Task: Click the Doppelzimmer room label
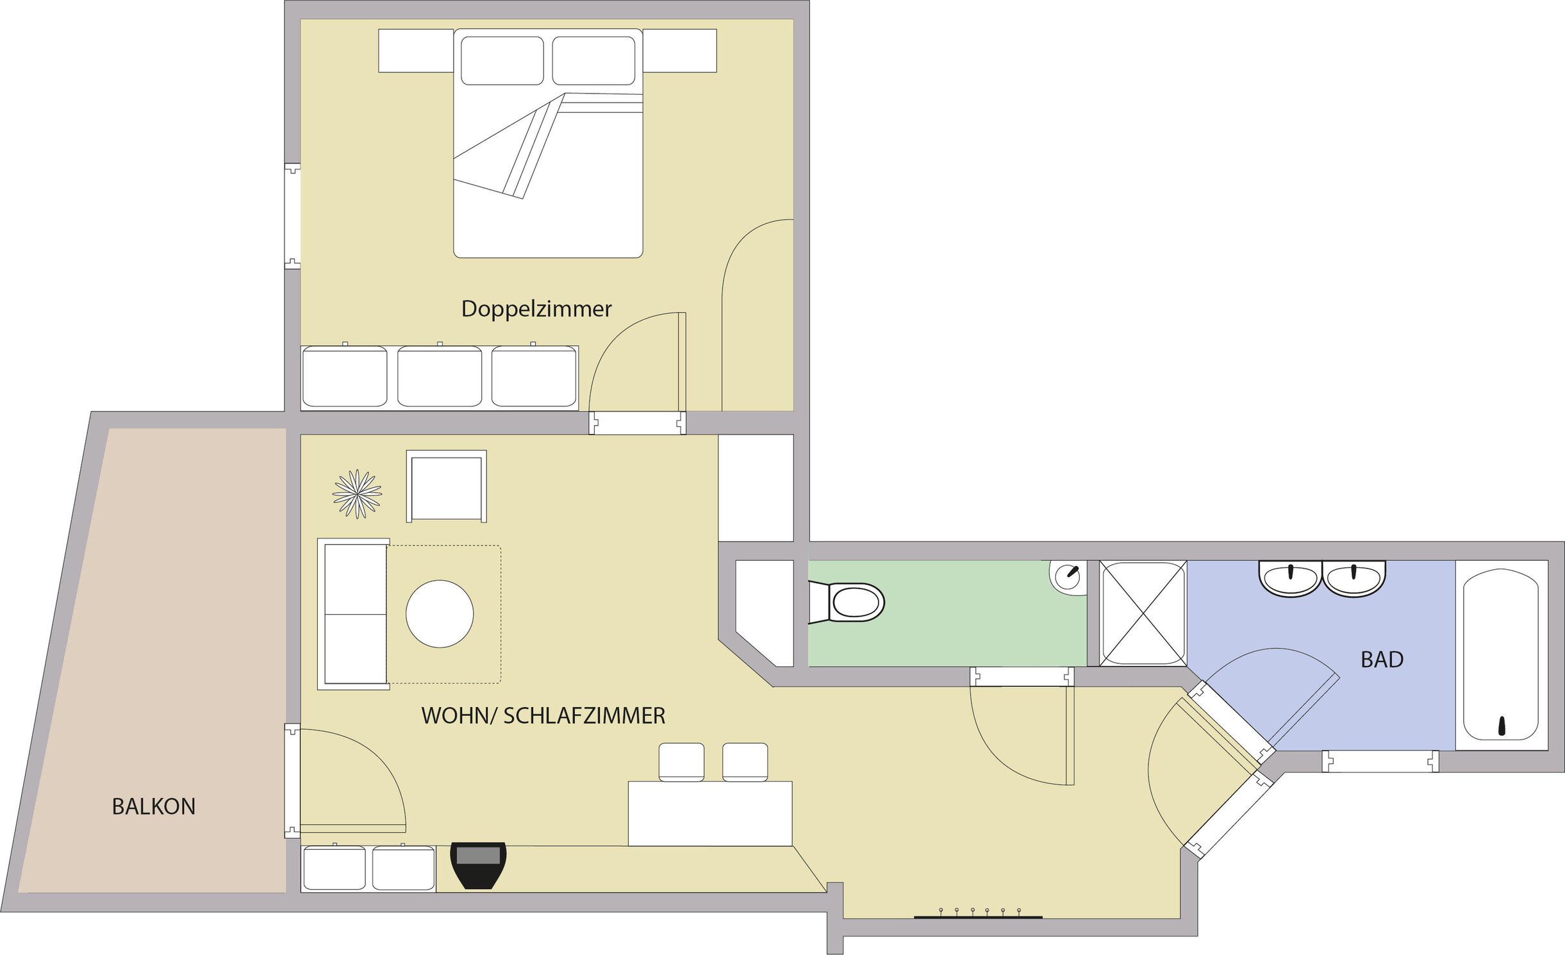point(536,310)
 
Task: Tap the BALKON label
point(154,806)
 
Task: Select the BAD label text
point(1382,660)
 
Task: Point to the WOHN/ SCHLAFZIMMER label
point(543,716)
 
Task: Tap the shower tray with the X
point(1143,613)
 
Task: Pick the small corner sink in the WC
point(1068,577)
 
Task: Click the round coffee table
point(440,613)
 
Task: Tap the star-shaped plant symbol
point(358,494)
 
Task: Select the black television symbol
point(479,865)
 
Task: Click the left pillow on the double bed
point(502,60)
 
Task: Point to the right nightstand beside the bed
point(680,51)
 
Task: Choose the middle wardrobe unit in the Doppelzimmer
point(440,376)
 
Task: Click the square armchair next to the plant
point(447,486)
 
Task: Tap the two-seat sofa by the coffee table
point(354,614)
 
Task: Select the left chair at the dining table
point(681,762)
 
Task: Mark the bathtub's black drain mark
point(1502,726)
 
